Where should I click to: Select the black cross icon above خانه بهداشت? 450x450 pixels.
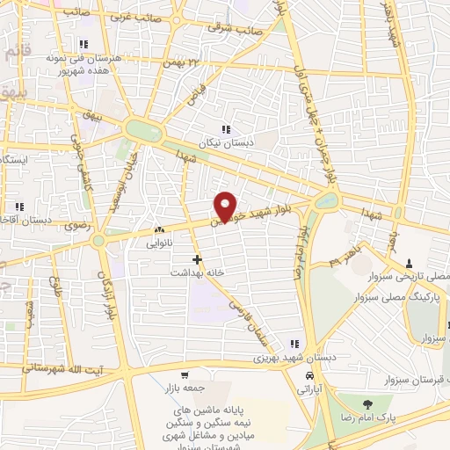pos(197,259)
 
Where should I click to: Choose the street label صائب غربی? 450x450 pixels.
pos(134,16)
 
